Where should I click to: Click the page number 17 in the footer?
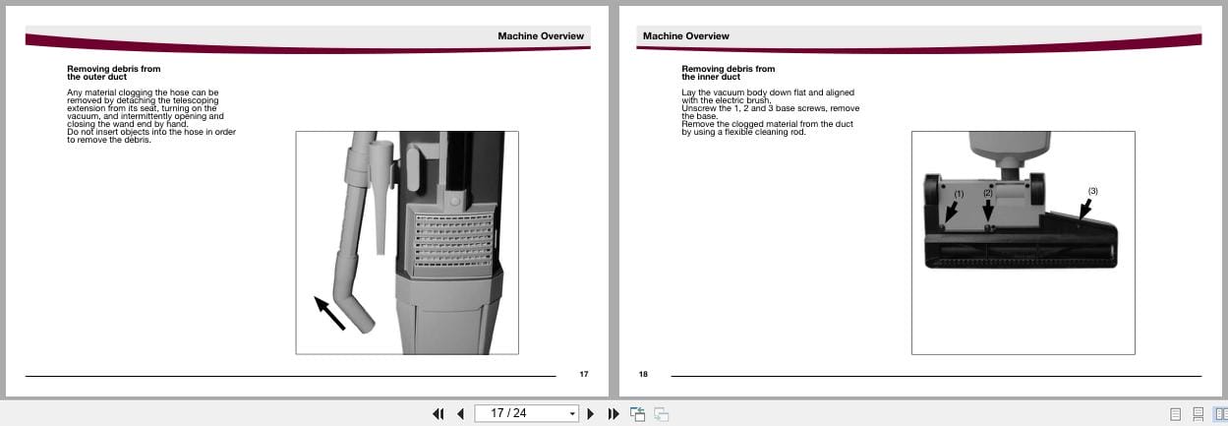[x=583, y=374]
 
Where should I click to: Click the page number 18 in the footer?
[x=643, y=374]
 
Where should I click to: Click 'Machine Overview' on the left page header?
[x=540, y=36]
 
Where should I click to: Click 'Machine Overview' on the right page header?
[x=685, y=36]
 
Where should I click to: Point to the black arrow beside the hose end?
[x=329, y=312]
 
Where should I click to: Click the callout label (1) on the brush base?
[x=960, y=194]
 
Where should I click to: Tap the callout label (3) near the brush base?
[x=1092, y=190]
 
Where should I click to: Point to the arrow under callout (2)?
[x=988, y=210]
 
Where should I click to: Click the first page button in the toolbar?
[x=439, y=413]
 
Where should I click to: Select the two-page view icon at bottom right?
[x=1219, y=414]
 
